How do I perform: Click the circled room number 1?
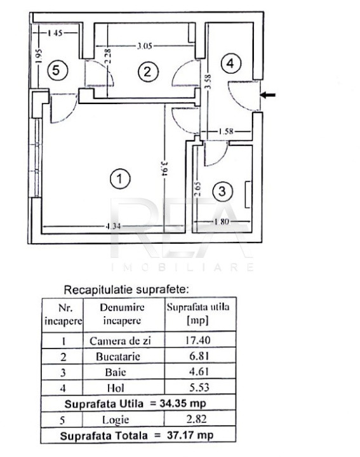[120, 178]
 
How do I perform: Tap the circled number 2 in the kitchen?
[149, 71]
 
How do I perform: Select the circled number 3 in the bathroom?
[222, 191]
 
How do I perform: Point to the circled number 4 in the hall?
[231, 63]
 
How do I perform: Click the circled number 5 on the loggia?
[57, 70]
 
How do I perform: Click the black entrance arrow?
[267, 95]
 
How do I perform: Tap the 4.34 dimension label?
[113, 227]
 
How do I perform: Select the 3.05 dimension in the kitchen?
[145, 46]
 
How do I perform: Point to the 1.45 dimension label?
[55, 32]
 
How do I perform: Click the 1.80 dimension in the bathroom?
[222, 222]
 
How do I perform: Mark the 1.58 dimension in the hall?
[226, 131]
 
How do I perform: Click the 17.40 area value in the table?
[198, 340]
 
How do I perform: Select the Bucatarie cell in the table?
[118, 357]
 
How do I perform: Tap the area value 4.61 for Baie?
[199, 371]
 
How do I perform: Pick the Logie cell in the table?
[116, 420]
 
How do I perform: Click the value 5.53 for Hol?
[199, 387]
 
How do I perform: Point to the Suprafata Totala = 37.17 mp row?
[137, 435]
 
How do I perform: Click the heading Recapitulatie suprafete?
[126, 290]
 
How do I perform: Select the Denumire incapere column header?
[122, 314]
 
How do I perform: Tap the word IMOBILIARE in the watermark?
[183, 267]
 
